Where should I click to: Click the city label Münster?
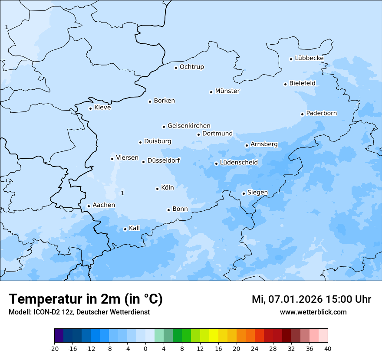point(227,91)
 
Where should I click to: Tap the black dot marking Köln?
point(157,189)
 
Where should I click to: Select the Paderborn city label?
point(321,113)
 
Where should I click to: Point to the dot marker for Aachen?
point(89,206)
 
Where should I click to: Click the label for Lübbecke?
point(309,58)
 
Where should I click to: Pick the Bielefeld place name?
point(302,83)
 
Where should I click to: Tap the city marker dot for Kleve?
point(90,108)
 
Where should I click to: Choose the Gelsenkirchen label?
point(189,126)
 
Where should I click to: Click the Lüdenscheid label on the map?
point(239,163)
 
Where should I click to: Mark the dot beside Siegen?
point(244,194)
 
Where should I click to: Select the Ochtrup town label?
point(191,67)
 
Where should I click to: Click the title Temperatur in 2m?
point(86,299)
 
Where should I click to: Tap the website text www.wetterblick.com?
point(313,312)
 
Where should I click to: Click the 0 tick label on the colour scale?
point(145,349)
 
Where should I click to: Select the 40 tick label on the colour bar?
point(327,349)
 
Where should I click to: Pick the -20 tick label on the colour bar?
point(54,349)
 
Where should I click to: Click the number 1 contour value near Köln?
point(122,193)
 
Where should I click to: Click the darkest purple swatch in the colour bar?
point(59,336)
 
